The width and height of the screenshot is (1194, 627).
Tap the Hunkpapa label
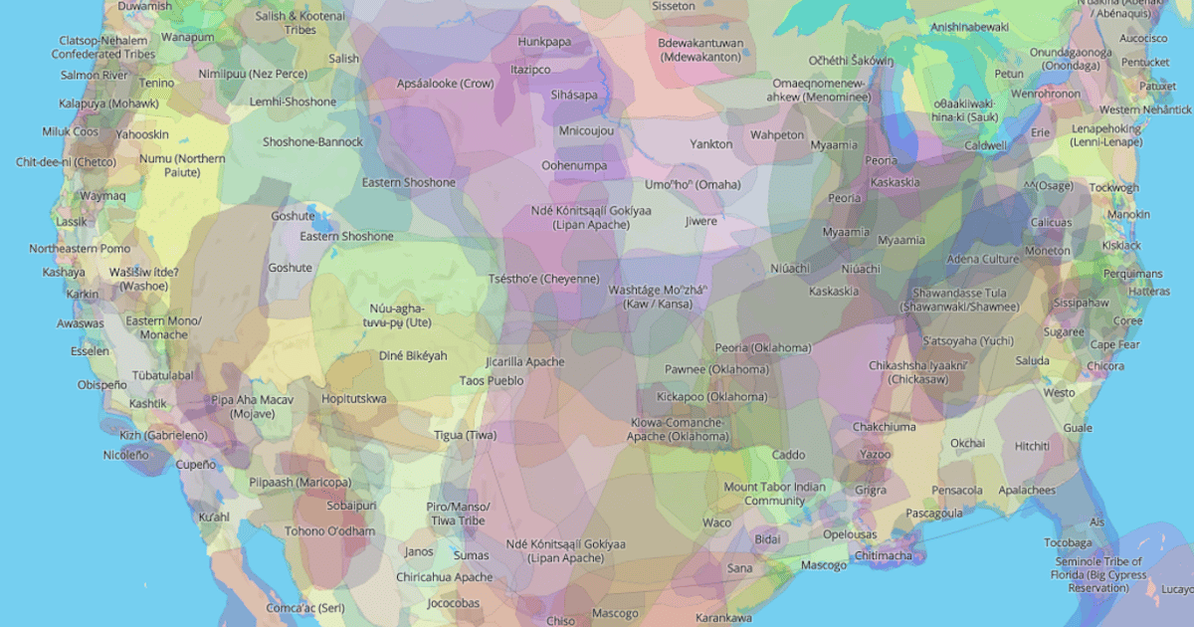tap(544, 42)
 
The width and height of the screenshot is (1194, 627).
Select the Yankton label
tap(710, 144)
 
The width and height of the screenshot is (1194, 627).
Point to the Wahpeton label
tap(777, 134)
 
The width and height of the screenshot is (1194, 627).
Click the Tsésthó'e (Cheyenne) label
tap(543, 279)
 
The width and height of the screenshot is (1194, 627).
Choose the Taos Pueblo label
tap(492, 380)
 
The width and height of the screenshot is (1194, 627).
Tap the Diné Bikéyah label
tap(413, 355)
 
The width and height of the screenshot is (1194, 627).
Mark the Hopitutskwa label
tap(354, 398)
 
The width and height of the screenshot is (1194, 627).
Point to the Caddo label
tap(788, 455)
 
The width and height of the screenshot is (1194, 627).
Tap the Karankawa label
tap(723, 618)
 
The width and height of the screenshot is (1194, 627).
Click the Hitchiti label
tap(1032, 447)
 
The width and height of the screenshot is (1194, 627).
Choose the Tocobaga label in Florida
tap(1068, 543)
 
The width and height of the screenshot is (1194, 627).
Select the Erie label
tap(1041, 132)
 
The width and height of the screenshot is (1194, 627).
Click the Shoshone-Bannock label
tap(312, 142)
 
